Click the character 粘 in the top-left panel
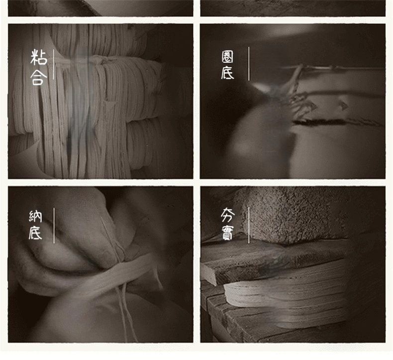[x=39, y=57]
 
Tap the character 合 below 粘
[x=39, y=77]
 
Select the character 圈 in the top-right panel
[x=227, y=57]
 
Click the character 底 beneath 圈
[x=227, y=73]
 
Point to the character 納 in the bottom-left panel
[x=35, y=216]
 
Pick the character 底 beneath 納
[x=35, y=233]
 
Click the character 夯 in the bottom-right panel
[x=227, y=215]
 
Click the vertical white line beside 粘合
[x=54, y=65]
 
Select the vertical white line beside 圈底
[x=249, y=64]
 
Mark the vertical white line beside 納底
[x=54, y=225]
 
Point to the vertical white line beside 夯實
[x=249, y=225]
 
